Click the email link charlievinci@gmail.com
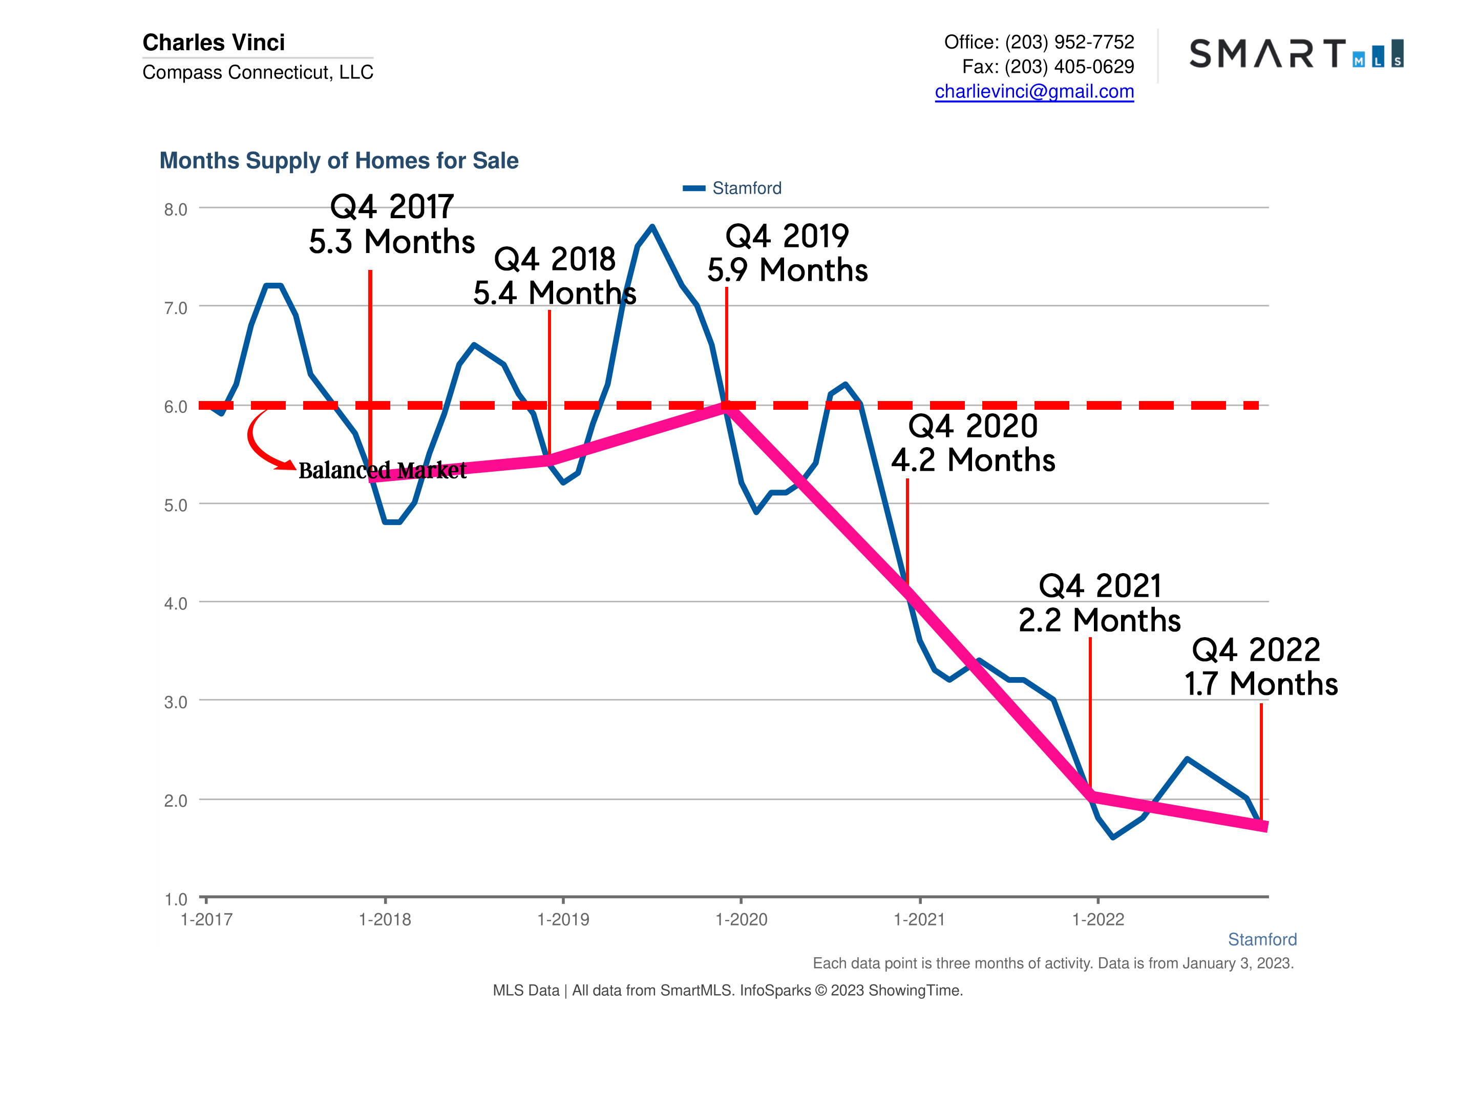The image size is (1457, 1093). (x=1033, y=92)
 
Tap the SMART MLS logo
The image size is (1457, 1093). (x=1295, y=53)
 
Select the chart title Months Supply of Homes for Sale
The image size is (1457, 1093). (x=339, y=161)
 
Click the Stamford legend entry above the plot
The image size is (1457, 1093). (x=746, y=188)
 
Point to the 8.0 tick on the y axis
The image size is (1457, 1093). (x=175, y=209)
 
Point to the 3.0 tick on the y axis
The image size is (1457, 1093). (x=175, y=702)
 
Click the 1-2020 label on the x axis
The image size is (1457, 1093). (x=741, y=920)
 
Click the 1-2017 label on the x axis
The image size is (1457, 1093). (x=206, y=920)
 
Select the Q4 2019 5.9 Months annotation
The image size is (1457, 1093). (x=787, y=253)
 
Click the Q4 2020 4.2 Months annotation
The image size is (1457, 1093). (x=973, y=443)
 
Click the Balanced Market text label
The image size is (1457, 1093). (x=382, y=470)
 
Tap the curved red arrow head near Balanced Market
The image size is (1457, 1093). (x=287, y=465)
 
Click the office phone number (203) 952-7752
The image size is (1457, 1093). (x=1069, y=42)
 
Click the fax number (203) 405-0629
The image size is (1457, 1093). (x=1069, y=67)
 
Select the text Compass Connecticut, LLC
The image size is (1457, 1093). (x=258, y=72)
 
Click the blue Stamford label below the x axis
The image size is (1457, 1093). (x=1261, y=939)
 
